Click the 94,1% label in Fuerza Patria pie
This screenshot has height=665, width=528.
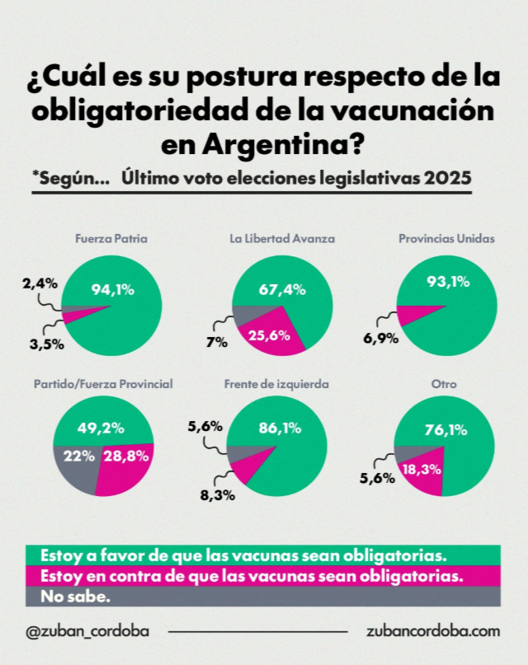(x=113, y=289)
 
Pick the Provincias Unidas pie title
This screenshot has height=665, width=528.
(x=445, y=239)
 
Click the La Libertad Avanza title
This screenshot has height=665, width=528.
(x=281, y=239)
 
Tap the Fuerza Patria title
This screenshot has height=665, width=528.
(x=111, y=239)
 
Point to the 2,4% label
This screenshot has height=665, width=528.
(x=39, y=283)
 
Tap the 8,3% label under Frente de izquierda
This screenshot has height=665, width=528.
(x=218, y=494)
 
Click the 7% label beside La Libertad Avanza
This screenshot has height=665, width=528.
(x=217, y=341)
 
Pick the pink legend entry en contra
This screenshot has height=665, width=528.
(x=245, y=574)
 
